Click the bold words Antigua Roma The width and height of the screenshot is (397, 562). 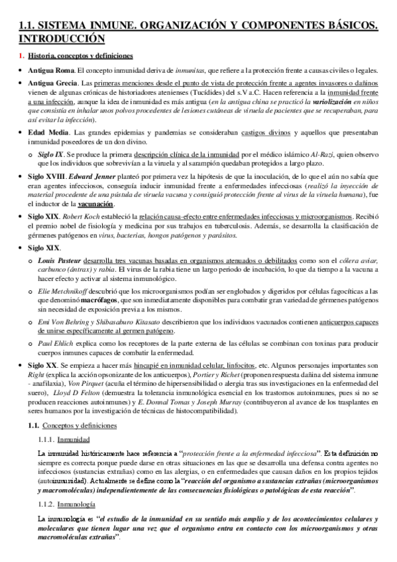click(51, 71)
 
